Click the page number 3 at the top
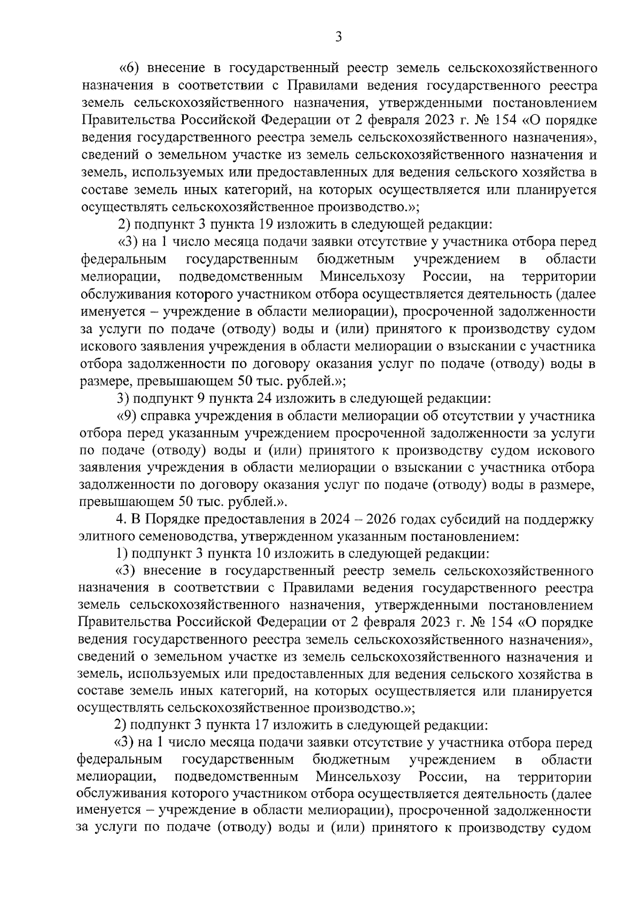[338, 37]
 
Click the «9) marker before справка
[127, 416]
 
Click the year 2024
[331, 519]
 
